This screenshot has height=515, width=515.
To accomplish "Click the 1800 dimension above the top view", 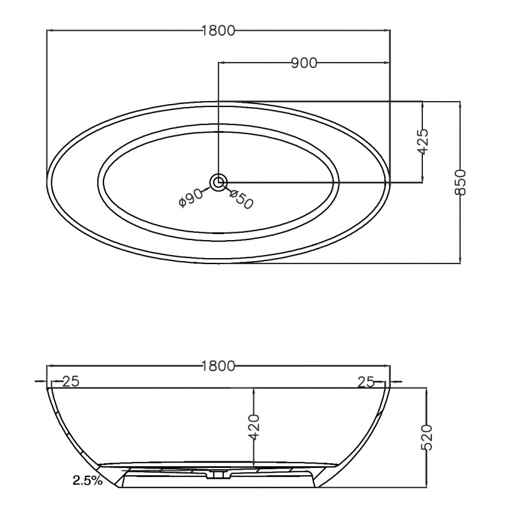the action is [x=218, y=31].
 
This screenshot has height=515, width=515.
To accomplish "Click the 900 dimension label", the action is [x=304, y=63].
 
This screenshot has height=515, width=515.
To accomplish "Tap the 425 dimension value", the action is [x=423, y=141].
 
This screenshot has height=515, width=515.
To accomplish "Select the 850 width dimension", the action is [x=460, y=182].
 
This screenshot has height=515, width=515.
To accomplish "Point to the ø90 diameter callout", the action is [x=191, y=198].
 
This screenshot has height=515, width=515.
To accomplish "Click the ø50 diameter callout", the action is [x=241, y=199].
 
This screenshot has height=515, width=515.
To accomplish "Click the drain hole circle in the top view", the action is [x=218, y=182].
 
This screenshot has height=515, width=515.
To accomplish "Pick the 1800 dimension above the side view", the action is [x=218, y=366].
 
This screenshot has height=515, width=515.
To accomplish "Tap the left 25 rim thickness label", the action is [x=71, y=381].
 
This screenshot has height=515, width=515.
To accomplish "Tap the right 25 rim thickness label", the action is [x=366, y=382].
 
